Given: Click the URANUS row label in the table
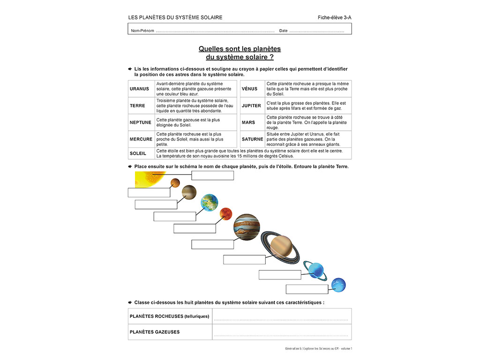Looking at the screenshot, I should (x=139, y=89).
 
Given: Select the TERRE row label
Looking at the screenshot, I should (x=137, y=105).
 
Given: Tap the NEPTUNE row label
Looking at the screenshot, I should (x=141, y=122).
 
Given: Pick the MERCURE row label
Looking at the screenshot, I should (x=141, y=139).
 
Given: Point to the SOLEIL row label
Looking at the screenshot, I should (x=138, y=153).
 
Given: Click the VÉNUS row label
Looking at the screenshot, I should (x=249, y=89).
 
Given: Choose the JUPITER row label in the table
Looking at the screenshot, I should (x=251, y=105).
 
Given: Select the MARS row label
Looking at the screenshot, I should (x=248, y=122).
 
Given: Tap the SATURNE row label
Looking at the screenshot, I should (x=252, y=139).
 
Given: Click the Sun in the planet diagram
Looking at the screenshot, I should (x=148, y=179).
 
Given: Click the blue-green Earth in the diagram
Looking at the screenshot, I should (x=209, y=202).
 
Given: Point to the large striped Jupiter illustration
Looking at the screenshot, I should (x=247, y=226).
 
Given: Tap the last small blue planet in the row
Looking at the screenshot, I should (x=338, y=285).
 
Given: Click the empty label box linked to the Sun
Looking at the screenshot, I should (x=212, y=175).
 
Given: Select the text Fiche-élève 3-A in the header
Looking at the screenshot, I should (x=334, y=18).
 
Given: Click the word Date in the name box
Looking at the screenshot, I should (x=283, y=31).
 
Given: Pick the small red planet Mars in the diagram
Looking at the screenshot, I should (x=226, y=214).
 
